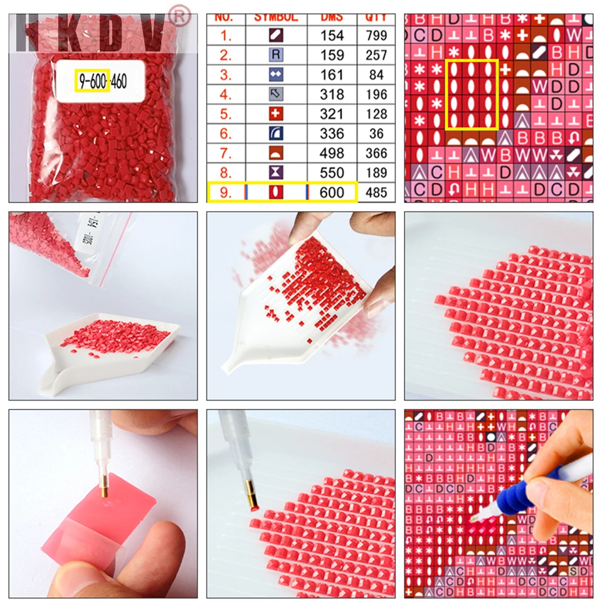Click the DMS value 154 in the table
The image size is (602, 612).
pos(332,35)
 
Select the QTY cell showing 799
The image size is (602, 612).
pos(376,35)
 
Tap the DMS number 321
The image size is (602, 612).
pos(332,113)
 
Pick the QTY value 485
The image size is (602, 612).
pos(376,192)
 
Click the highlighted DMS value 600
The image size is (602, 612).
pos(332,192)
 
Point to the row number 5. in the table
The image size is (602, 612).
pos(226,113)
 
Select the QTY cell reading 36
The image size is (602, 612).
pos(376,134)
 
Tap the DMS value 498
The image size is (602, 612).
pos(332,153)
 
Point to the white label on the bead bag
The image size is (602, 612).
pos(100,81)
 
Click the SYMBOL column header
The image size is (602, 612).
pos(276,18)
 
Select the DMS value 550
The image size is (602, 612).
pos(332,172)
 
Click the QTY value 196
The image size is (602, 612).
pos(376,94)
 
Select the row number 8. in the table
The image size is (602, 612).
pos(226,172)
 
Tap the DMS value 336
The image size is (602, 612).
pos(332,134)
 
